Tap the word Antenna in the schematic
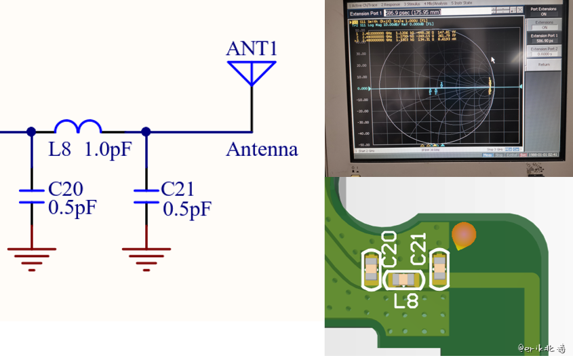[x=262, y=149]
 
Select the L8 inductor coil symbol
[x=78, y=127]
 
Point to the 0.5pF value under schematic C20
[x=73, y=208]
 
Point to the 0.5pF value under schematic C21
[x=187, y=209]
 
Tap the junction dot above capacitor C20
[x=31, y=132]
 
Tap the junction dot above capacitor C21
[x=146, y=132]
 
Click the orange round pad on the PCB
[x=464, y=234]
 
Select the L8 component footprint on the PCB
[x=404, y=279]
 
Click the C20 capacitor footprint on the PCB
[x=371, y=269]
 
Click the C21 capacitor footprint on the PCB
[x=439, y=268]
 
